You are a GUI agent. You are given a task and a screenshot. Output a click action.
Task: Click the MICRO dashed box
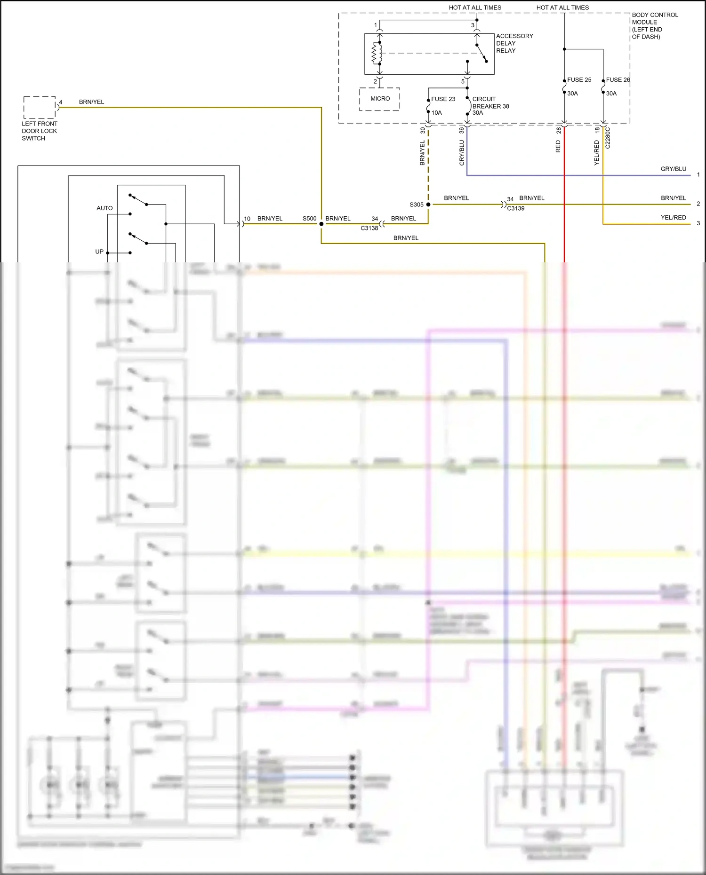(x=380, y=99)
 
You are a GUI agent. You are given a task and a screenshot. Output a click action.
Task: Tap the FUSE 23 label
(x=443, y=99)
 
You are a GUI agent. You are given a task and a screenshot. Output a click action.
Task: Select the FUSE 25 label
(x=579, y=80)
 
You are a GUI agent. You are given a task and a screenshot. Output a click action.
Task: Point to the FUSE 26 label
(x=618, y=80)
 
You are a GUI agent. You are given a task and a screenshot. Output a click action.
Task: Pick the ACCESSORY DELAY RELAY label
(x=514, y=43)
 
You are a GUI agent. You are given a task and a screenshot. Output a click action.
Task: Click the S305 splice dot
(x=428, y=205)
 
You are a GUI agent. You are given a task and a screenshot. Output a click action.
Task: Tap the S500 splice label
(x=309, y=219)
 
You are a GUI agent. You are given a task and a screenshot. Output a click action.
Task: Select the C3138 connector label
(x=369, y=228)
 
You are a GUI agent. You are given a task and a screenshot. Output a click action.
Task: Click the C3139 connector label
(x=515, y=208)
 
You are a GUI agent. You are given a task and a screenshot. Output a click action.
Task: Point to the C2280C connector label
(x=608, y=138)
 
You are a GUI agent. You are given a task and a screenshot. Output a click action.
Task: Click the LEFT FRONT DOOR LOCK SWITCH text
(x=39, y=131)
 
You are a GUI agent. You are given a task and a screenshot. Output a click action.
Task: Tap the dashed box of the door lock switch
(x=40, y=107)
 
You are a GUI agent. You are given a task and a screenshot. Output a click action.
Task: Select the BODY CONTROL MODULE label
(x=654, y=26)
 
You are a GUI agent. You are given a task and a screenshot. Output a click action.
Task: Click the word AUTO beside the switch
(x=104, y=208)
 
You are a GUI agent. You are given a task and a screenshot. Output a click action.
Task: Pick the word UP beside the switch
(x=99, y=252)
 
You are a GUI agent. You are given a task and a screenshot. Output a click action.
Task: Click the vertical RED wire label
(x=558, y=146)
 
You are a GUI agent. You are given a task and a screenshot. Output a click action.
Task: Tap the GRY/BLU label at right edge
(x=673, y=169)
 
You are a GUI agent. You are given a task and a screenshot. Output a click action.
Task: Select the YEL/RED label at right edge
(x=673, y=218)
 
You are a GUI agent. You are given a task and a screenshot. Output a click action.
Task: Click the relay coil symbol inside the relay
(x=377, y=53)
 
